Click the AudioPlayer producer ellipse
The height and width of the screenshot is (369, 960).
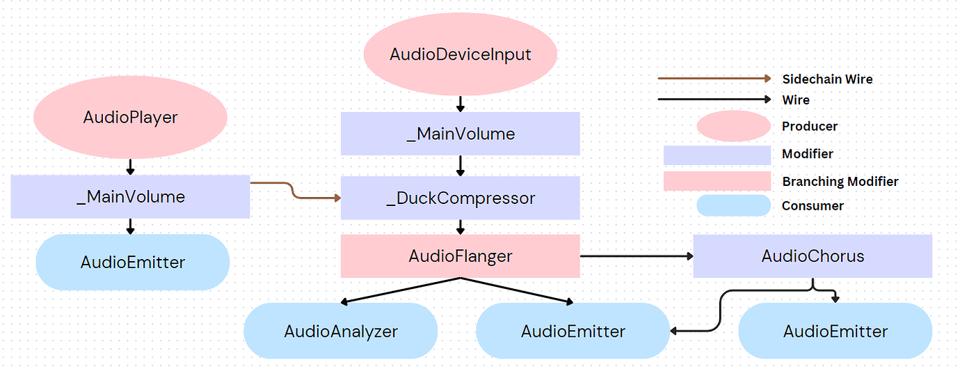click(x=130, y=117)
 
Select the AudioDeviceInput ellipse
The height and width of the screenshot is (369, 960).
click(x=460, y=54)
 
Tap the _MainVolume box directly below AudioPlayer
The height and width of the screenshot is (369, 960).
click(x=130, y=197)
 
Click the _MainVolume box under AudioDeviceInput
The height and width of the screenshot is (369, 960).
click(x=460, y=134)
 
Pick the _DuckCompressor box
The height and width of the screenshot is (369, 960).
click(x=460, y=198)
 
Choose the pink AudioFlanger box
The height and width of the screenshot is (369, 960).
click(x=460, y=256)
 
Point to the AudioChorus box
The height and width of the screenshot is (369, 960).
click(x=813, y=256)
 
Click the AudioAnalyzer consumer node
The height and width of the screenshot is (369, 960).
click(x=340, y=331)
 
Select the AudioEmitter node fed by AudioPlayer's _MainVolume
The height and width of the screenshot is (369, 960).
click(x=132, y=262)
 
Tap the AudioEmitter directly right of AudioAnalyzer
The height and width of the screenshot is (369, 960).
click(x=573, y=331)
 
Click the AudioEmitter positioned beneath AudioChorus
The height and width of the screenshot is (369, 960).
click(x=835, y=331)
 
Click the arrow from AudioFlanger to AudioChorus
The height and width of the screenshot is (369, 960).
click(x=637, y=256)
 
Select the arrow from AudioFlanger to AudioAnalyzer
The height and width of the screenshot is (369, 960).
click(x=400, y=290)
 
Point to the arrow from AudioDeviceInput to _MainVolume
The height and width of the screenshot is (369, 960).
click(x=460, y=104)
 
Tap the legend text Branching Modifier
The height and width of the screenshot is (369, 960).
click(x=840, y=182)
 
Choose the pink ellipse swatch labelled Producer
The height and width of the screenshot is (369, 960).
click(x=733, y=126)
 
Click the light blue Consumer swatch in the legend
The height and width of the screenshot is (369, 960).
click(x=733, y=205)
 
